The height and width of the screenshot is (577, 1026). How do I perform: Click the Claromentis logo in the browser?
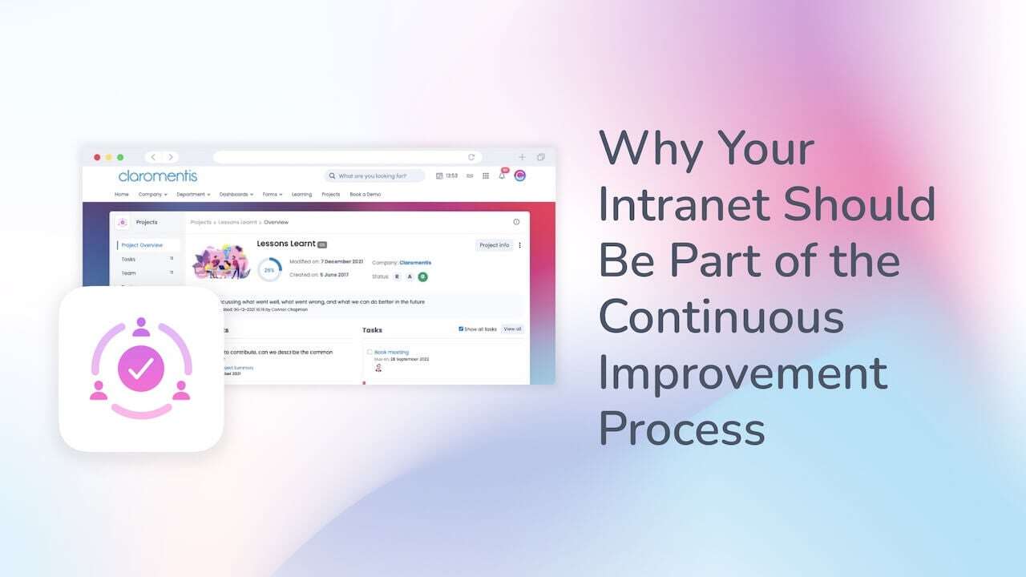click(157, 176)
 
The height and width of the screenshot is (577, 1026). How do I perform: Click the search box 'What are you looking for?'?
click(374, 176)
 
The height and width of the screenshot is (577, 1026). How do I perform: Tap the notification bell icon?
click(502, 176)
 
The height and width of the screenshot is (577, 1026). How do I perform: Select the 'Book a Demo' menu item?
click(365, 194)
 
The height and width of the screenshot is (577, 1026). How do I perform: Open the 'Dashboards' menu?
click(236, 194)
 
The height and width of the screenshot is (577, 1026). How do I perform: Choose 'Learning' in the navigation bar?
click(301, 194)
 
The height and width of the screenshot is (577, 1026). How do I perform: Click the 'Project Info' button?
click(493, 245)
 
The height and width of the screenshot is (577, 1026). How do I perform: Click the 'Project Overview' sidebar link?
click(142, 245)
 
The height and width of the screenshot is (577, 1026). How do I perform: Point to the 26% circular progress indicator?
click(269, 270)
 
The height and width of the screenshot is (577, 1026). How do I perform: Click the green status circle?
click(422, 276)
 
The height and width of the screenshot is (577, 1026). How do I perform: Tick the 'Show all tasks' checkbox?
click(461, 329)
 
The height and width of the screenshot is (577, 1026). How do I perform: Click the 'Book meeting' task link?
click(391, 352)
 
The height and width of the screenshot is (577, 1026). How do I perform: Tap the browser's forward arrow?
click(170, 157)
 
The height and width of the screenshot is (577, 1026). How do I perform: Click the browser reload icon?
click(471, 157)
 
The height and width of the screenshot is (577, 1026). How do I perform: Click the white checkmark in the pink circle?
click(141, 369)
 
